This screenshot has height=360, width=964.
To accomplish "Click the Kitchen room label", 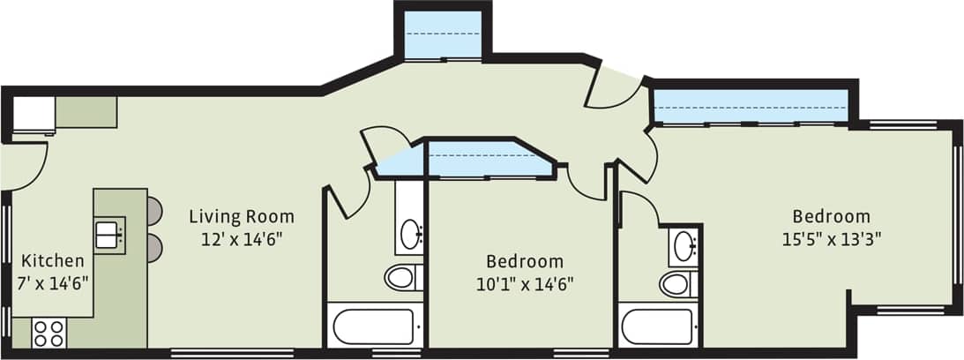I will pos(53,261).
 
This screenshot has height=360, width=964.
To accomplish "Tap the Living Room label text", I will pos(242,216).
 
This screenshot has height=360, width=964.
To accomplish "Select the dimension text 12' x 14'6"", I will pos(242,238).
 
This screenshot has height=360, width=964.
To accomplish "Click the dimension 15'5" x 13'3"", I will pos(831,238).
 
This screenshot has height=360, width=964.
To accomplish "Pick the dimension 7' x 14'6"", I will pos(53,283).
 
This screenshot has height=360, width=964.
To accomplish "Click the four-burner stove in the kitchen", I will pos(49,334).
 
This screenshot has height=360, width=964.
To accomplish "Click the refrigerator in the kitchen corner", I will pos(34,114).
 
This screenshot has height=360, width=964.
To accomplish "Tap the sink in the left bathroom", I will pos(410,234).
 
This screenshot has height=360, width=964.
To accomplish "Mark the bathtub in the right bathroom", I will pos(657,326).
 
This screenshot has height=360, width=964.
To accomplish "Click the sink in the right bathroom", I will pos(682,246).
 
